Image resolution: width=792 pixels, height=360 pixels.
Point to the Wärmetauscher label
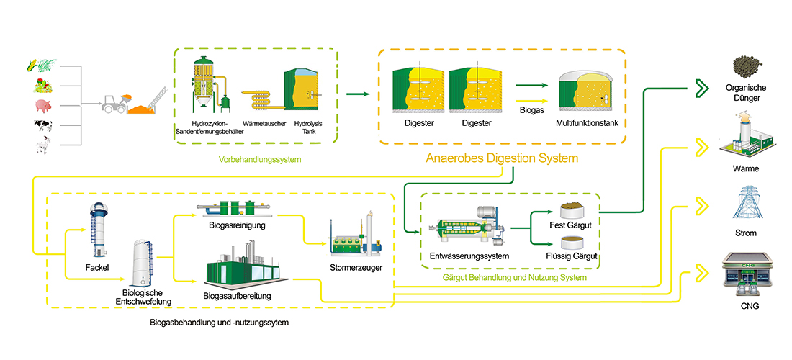point(262,124)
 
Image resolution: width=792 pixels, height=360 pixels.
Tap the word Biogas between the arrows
point(532,112)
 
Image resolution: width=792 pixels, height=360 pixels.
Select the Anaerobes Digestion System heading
point(502,158)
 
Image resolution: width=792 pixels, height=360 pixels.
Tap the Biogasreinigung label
point(231,225)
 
